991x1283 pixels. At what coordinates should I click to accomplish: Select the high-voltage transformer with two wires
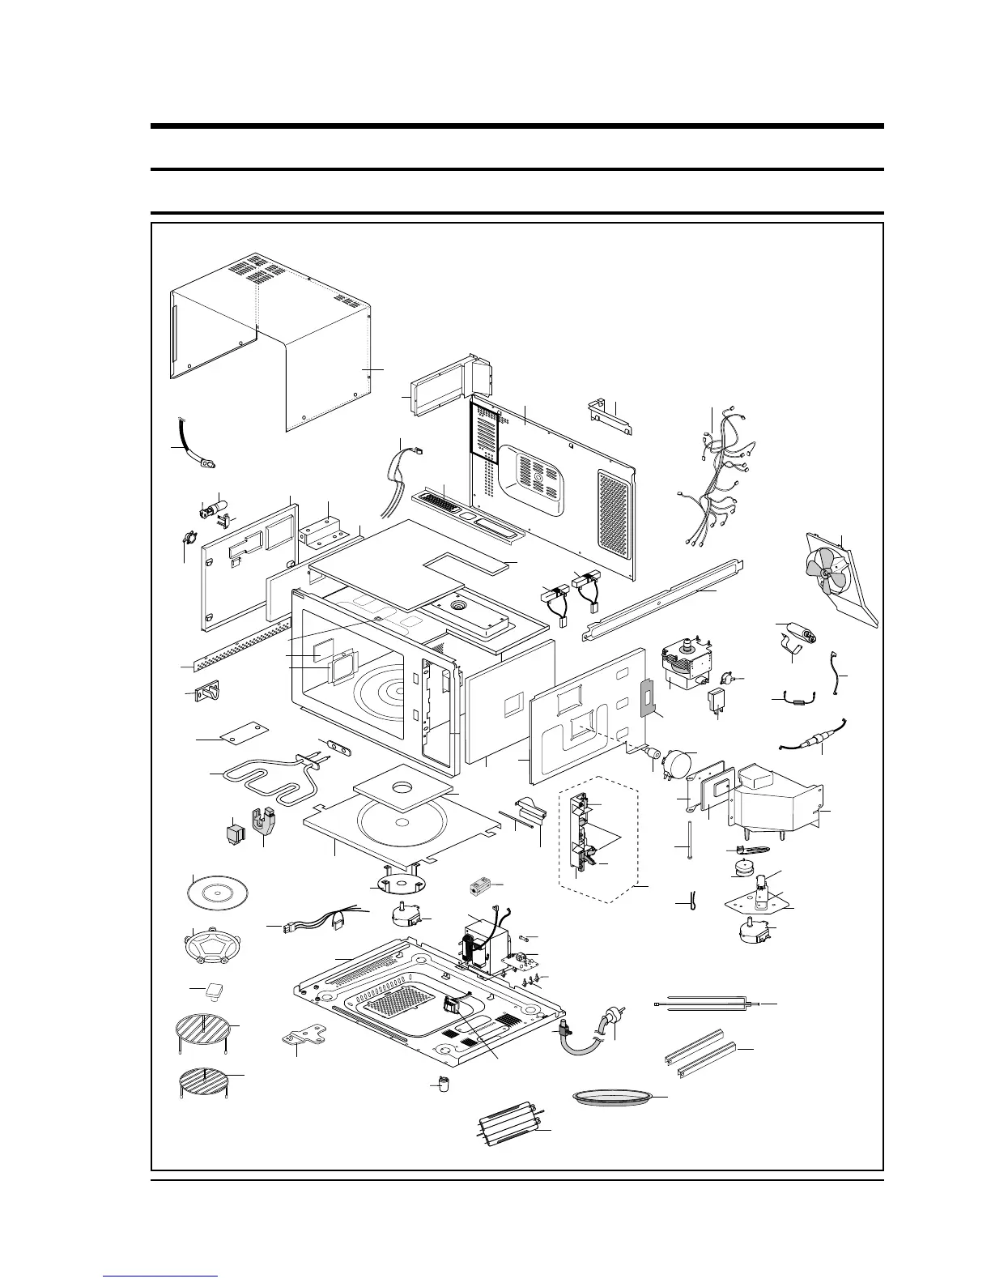(x=486, y=944)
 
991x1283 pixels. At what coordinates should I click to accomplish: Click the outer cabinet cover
(x=275, y=340)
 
